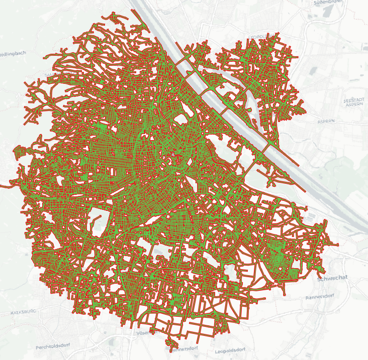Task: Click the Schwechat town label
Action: [333, 277]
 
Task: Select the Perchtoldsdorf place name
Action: [55, 347]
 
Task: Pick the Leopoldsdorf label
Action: [229, 349]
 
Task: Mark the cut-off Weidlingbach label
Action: [13, 53]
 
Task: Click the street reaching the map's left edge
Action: [2, 186]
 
